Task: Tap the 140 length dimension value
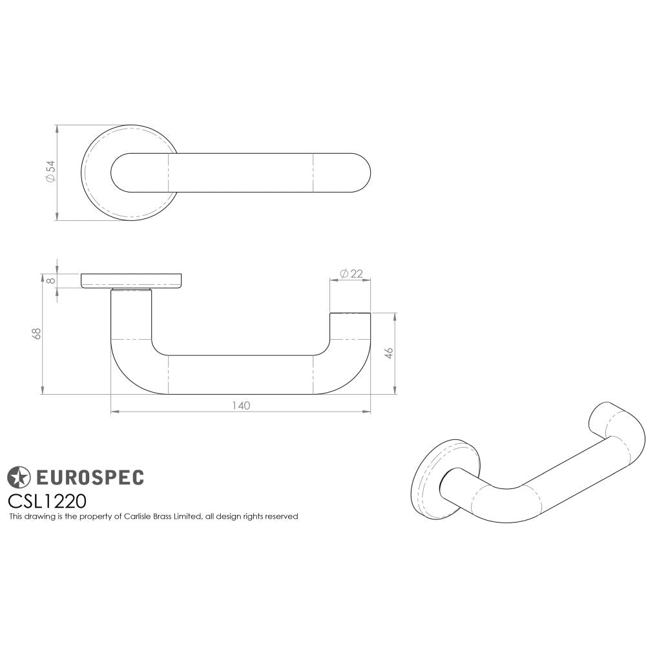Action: pos(240,406)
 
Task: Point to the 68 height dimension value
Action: pos(37,334)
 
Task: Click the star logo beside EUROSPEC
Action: pos(19,477)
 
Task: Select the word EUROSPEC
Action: pos(89,478)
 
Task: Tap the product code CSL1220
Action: pos(47,501)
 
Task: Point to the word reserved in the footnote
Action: pos(282,517)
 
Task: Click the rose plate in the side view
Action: pos(131,280)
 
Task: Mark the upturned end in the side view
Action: pos(350,329)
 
